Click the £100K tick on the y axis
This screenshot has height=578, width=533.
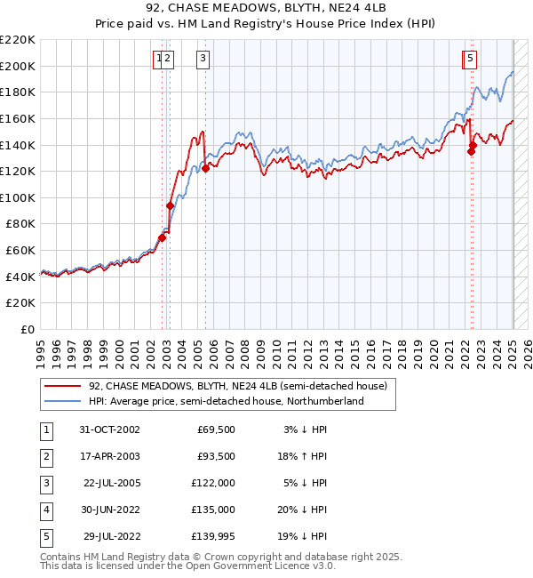point(18,197)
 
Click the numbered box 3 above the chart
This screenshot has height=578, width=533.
point(203,60)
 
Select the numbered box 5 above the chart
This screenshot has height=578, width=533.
point(470,60)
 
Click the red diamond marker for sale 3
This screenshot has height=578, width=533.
point(205,168)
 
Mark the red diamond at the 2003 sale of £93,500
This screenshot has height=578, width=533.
point(170,205)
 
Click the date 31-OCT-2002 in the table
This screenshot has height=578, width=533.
point(109,429)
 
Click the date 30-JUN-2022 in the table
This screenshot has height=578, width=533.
point(109,510)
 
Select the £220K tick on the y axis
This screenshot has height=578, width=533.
point(18,40)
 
